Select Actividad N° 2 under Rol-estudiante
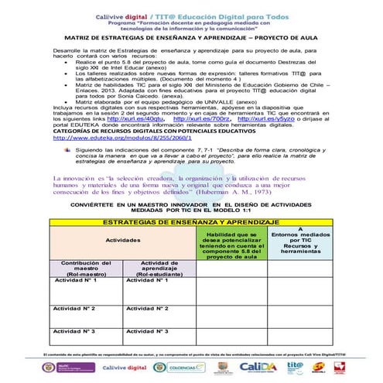pos(149,308)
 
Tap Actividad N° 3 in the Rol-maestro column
pos(77,330)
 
